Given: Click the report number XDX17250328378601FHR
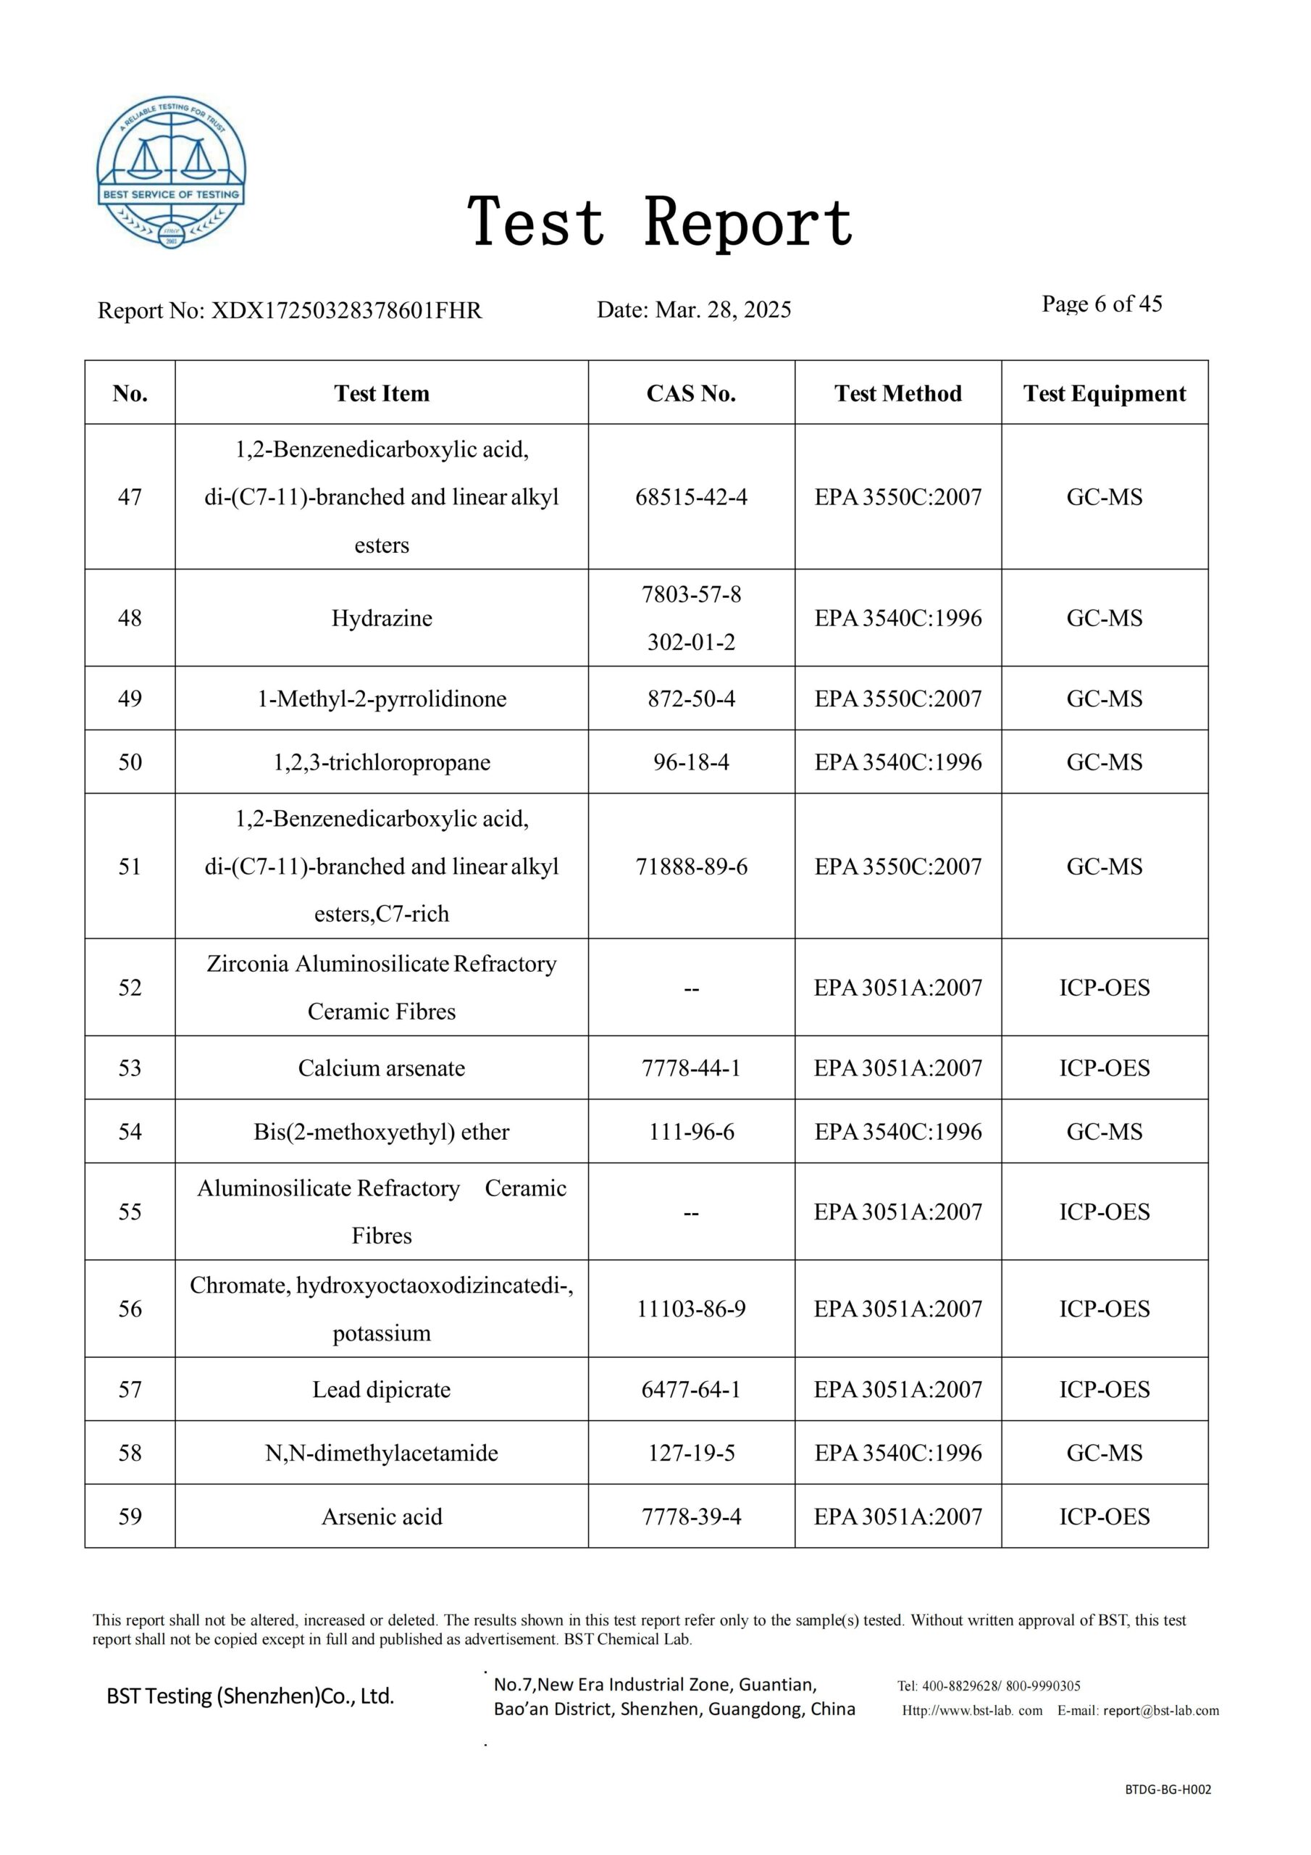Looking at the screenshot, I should [345, 310].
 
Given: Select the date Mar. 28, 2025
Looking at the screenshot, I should [723, 309].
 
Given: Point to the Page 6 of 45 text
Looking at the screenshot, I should [1101, 304].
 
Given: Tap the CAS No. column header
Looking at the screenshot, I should [691, 393].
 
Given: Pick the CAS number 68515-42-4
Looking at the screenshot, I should [691, 497].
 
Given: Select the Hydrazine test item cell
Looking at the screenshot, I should [381, 618].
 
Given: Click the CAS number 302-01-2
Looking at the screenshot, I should [691, 642].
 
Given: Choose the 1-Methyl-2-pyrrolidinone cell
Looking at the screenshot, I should [381, 698].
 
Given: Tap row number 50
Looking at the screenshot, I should [130, 762].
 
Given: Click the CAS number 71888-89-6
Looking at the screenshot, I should [691, 866].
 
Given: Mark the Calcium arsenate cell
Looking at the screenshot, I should [381, 1067].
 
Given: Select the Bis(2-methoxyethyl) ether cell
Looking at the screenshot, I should [381, 1131].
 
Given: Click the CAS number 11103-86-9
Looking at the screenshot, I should [691, 1308].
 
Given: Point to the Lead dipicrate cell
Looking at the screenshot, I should [381, 1389].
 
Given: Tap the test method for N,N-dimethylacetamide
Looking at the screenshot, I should [897, 1453].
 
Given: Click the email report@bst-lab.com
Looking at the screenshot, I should [1161, 1709].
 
